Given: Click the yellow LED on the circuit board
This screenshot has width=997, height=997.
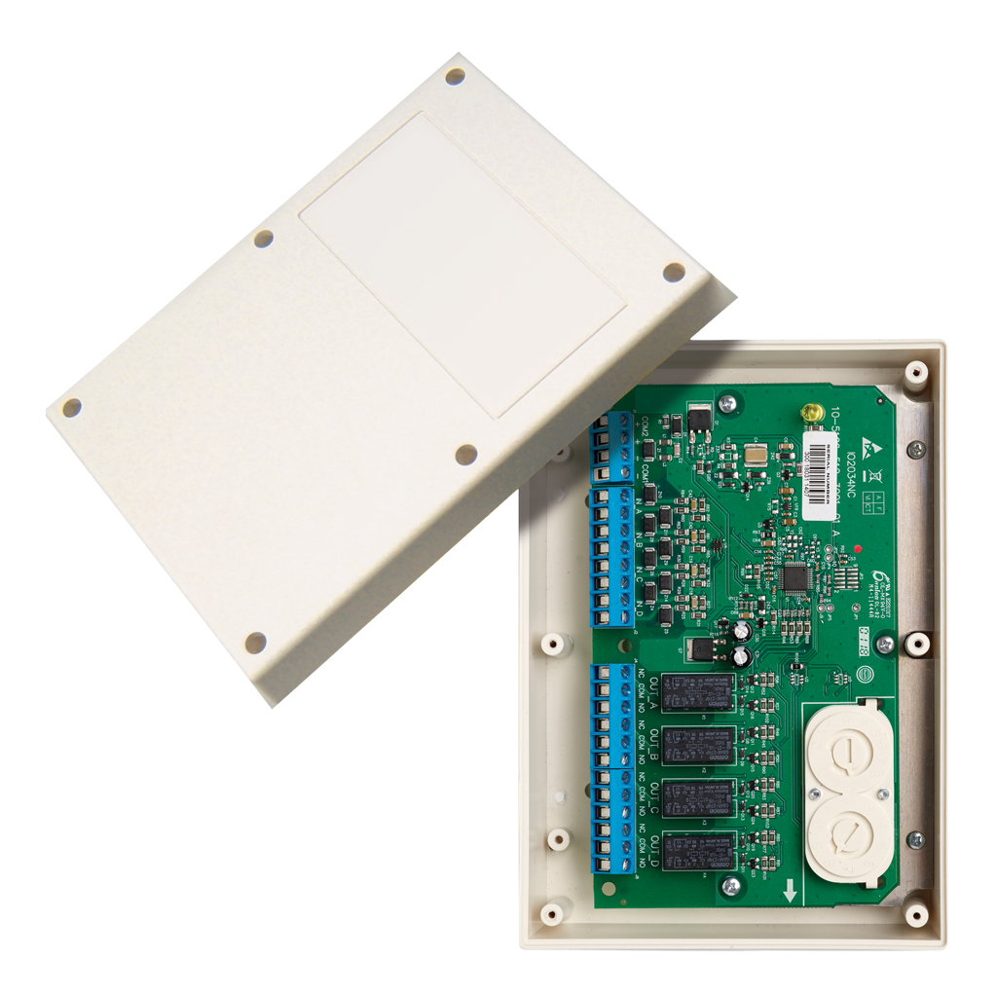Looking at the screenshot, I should tap(807, 414).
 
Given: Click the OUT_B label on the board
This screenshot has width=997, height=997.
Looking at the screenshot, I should tap(655, 746).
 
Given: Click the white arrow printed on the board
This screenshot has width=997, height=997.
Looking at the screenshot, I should tap(790, 888).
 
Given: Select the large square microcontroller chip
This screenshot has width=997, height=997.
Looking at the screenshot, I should tap(797, 578).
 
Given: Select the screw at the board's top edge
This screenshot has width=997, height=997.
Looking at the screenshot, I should tap(726, 402).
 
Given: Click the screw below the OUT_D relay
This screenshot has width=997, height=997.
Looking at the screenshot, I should tap(730, 885).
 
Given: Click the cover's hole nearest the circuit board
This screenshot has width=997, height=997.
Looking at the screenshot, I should tap(466, 454).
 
